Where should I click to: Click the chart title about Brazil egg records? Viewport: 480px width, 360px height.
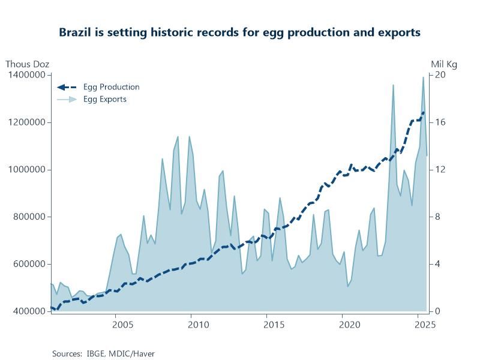pos(239,32)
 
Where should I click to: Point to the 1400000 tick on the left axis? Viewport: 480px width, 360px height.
pos(28,75)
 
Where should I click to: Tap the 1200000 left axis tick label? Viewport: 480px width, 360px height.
pos(28,122)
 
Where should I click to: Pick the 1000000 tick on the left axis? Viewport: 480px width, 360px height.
pos(28,170)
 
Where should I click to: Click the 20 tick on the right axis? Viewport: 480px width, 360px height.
pos(439,75)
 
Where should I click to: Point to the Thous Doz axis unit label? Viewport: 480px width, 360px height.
pos(28,64)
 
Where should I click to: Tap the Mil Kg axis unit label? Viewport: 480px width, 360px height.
pos(444,64)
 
